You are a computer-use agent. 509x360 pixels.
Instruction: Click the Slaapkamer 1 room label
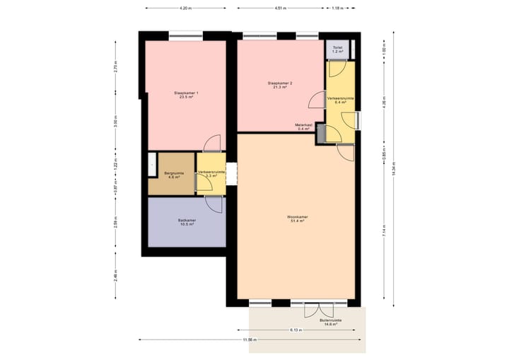(187, 95)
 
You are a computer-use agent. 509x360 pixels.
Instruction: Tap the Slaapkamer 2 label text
(280, 86)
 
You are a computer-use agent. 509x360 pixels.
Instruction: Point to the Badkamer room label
(187, 223)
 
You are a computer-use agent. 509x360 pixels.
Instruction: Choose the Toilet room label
(338, 50)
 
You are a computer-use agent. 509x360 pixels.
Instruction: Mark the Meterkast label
(304, 127)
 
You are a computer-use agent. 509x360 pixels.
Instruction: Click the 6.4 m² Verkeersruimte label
(341, 100)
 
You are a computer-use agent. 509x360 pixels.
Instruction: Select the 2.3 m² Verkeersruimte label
(211, 174)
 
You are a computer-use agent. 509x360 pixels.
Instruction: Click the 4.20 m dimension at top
(185, 8)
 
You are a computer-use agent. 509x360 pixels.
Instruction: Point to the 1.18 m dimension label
(337, 8)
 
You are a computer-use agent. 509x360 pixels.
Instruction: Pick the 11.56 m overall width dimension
(247, 341)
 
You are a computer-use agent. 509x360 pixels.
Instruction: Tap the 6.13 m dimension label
(296, 330)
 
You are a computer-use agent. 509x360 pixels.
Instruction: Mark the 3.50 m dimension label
(116, 121)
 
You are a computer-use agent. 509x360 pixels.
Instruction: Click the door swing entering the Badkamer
(211, 202)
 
